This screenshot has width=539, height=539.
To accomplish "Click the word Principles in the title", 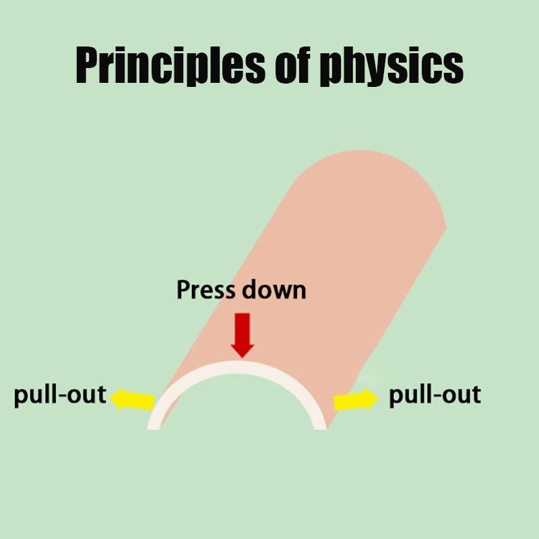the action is (170, 65).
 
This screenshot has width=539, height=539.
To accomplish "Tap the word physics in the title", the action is (391, 65).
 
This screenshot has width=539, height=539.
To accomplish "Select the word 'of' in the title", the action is (292, 65).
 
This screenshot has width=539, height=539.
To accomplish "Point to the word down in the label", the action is (274, 290).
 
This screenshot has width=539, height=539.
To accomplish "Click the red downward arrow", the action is (243, 336).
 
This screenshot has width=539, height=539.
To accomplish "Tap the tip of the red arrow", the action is (243, 358).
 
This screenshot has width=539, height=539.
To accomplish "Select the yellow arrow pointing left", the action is (132, 399).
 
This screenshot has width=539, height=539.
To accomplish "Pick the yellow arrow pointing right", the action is (356, 400).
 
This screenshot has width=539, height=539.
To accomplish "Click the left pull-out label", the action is (60, 395).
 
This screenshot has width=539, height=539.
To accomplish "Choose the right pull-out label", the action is (435, 395).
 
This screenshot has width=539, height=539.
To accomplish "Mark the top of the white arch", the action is (237, 367).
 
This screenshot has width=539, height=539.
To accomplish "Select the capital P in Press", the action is (183, 290).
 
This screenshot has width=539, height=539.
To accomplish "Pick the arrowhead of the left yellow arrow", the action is (117, 399).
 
